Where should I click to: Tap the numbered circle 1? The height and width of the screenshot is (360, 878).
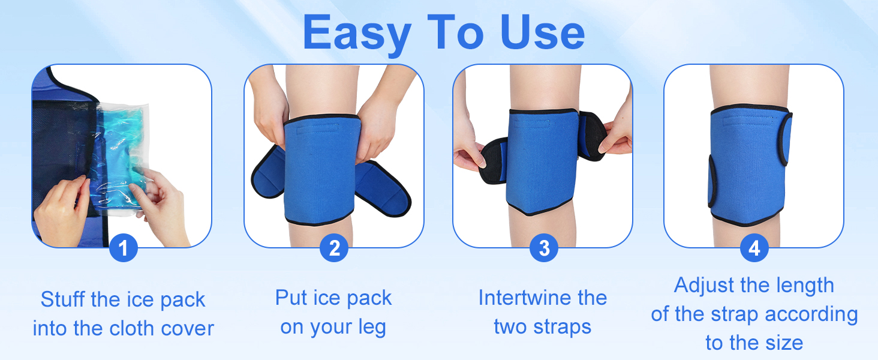[124, 248]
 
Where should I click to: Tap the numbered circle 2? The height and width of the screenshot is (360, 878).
[334, 248]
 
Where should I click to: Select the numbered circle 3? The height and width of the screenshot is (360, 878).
[544, 248]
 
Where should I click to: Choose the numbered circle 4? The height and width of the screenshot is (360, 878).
[754, 248]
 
